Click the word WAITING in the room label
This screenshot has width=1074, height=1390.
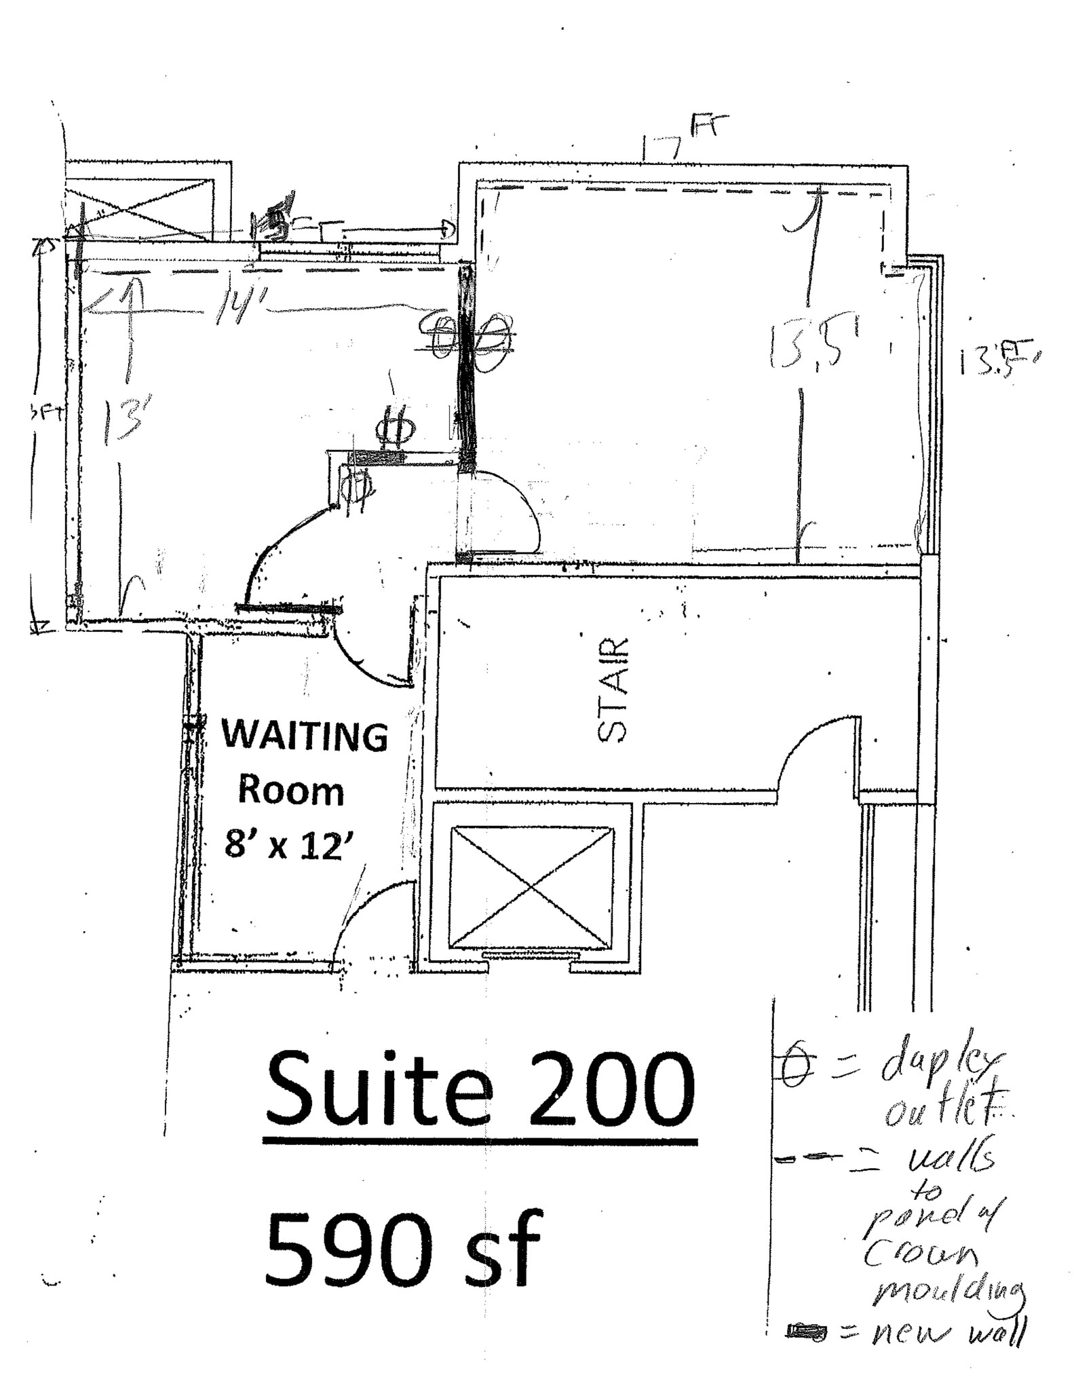[x=305, y=736]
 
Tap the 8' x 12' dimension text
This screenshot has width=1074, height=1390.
[x=291, y=846]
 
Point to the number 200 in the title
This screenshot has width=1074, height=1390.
[x=611, y=1093]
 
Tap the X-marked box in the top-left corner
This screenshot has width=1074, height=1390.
[x=147, y=204]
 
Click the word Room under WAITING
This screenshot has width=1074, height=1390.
[x=290, y=791]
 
